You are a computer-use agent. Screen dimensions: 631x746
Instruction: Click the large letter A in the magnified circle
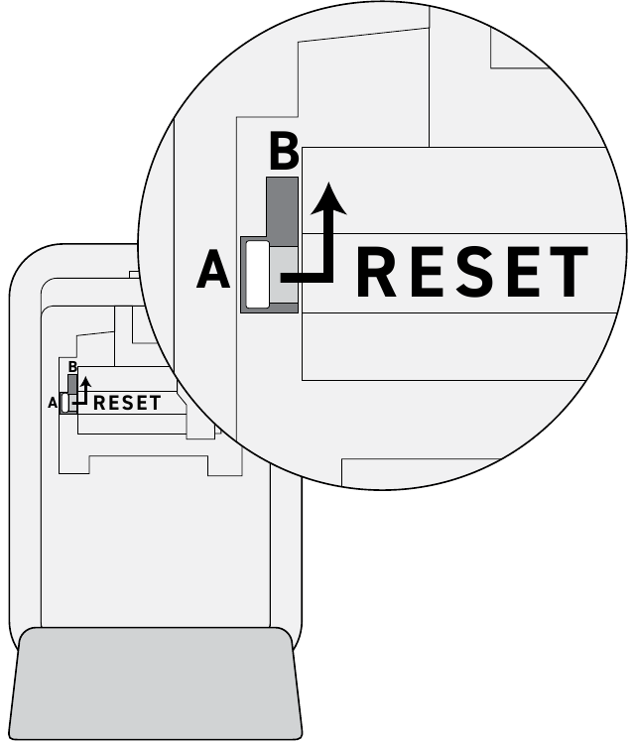(x=213, y=269)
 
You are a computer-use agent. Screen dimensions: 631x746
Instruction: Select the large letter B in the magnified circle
(x=284, y=152)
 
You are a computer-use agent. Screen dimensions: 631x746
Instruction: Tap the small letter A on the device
(x=53, y=403)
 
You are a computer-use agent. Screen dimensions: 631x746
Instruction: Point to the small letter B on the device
(x=72, y=367)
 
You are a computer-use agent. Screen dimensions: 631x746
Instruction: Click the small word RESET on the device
(x=127, y=403)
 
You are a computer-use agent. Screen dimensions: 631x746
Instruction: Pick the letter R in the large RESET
(x=375, y=271)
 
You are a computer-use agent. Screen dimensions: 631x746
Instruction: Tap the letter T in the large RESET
(x=566, y=271)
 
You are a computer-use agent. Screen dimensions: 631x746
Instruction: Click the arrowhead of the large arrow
(x=328, y=198)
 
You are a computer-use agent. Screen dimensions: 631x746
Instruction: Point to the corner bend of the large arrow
(x=327, y=278)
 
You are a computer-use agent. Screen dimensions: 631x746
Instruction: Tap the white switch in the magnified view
(x=257, y=274)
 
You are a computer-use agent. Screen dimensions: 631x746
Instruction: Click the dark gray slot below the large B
(x=282, y=211)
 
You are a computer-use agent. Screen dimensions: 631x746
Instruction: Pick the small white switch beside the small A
(x=65, y=404)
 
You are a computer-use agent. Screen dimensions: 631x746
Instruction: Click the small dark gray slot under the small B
(x=72, y=384)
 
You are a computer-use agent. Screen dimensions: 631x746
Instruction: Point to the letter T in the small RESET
(x=155, y=403)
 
